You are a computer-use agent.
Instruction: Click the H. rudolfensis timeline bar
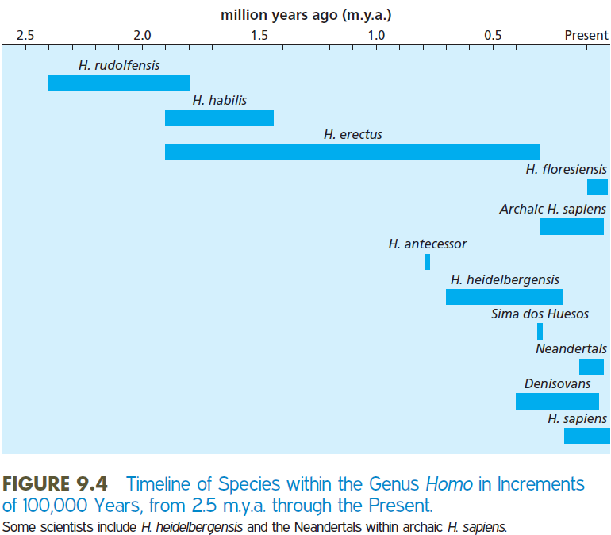(x=119, y=83)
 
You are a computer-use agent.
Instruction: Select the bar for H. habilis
(x=219, y=118)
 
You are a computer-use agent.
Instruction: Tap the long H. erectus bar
(x=352, y=152)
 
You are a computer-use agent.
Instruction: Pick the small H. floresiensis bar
(x=597, y=187)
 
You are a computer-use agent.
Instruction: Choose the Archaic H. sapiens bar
(x=571, y=226)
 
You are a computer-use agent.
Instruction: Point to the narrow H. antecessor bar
(x=428, y=262)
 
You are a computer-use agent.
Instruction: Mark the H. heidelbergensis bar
(x=504, y=297)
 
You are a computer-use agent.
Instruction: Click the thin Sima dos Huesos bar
(x=540, y=331)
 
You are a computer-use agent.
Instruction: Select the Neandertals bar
(x=591, y=367)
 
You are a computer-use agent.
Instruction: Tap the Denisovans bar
(x=557, y=401)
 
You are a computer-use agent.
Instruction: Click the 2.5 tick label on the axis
(x=25, y=35)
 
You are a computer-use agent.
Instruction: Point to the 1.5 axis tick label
(x=259, y=35)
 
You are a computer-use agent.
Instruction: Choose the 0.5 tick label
(x=493, y=35)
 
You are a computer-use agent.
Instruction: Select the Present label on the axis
(x=586, y=35)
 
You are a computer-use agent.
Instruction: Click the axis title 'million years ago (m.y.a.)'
(x=305, y=14)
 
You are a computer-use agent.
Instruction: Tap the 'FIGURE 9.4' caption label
(x=58, y=483)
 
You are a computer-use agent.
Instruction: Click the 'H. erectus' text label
(x=352, y=135)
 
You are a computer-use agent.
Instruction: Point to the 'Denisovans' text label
(x=557, y=383)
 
